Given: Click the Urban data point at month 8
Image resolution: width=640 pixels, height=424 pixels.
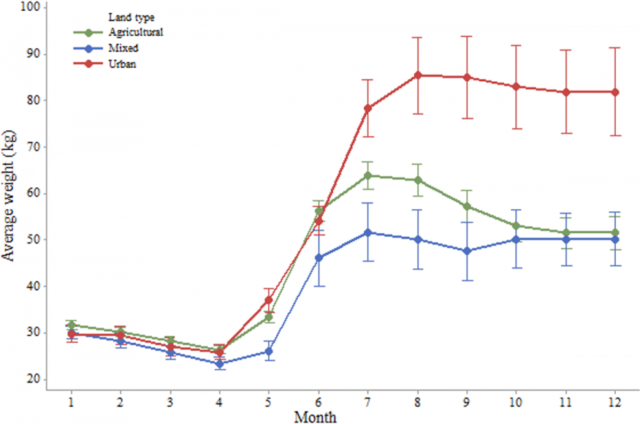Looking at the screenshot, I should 417,75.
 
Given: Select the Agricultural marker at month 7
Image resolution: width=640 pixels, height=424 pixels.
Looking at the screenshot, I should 367,175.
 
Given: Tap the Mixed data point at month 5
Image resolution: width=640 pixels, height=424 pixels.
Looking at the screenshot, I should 268,352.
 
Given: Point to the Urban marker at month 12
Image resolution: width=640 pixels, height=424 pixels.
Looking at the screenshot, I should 615,92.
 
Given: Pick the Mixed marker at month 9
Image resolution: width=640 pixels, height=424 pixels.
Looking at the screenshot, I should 467,251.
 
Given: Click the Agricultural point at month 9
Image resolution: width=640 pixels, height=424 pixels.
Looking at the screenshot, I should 467,206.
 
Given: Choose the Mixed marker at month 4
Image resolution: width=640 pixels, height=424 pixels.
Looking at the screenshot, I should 219,363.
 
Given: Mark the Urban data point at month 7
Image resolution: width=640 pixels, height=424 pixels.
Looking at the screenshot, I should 367,109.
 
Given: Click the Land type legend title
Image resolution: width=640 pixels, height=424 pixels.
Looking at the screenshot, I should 131,17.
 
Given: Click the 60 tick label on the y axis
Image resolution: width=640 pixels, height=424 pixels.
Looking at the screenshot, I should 34,193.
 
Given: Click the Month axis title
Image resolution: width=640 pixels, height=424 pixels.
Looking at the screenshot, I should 315,417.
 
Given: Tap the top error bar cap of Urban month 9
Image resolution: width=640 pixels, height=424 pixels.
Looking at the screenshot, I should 467,37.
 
